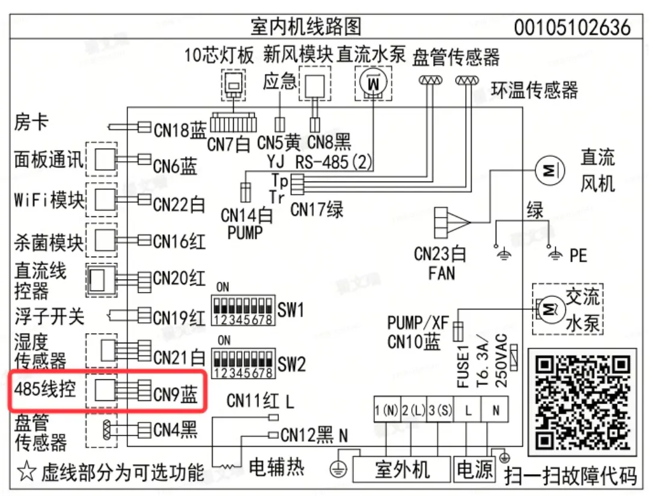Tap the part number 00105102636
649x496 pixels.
click(573, 27)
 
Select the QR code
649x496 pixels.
click(582, 402)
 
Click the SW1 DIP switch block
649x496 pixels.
click(243, 310)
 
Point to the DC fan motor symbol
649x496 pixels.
click(550, 170)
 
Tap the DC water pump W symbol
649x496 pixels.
click(373, 83)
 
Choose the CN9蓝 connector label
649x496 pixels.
click(175, 394)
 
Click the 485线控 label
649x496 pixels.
click(45, 389)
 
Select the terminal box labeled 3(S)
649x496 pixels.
click(440, 410)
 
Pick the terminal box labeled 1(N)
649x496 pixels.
click(387, 410)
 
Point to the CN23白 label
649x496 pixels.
click(440, 253)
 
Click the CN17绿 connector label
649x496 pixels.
click(317, 209)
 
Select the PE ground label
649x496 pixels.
click(578, 256)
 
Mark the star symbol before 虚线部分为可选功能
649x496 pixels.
click(27, 471)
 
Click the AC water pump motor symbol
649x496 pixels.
click(550, 309)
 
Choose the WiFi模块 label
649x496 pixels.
click(49, 200)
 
